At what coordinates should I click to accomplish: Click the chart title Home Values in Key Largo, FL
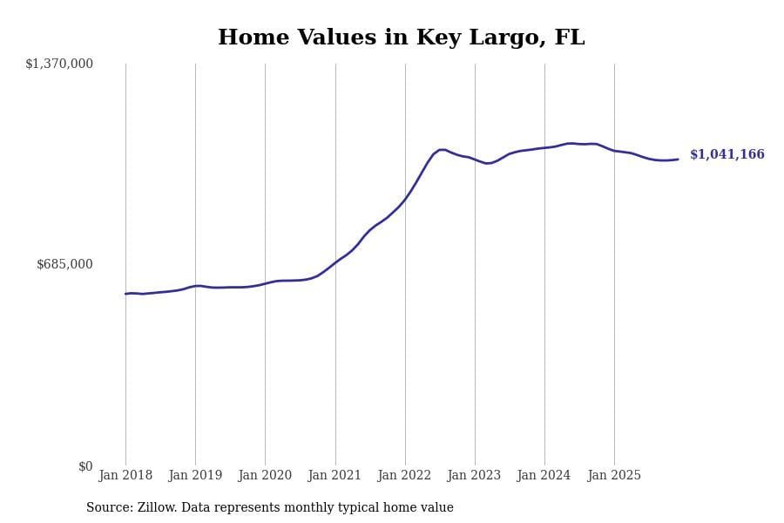click(x=401, y=38)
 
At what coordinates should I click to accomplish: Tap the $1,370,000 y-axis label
click(x=59, y=64)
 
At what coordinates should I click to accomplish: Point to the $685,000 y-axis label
click(x=64, y=264)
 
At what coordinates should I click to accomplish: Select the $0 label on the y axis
click(x=85, y=466)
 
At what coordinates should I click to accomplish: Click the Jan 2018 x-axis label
click(x=125, y=475)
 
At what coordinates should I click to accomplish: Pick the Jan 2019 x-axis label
click(x=195, y=475)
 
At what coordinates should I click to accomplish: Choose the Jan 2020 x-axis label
click(x=265, y=475)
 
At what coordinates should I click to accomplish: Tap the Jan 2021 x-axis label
click(x=335, y=475)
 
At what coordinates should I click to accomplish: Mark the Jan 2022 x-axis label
click(x=405, y=475)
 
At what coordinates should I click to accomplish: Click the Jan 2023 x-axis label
click(x=475, y=475)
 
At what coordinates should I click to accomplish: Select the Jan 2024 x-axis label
click(x=544, y=475)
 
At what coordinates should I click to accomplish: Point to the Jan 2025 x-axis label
click(x=614, y=475)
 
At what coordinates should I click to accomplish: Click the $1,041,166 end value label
click(x=727, y=154)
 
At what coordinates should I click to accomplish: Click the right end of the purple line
click(x=678, y=160)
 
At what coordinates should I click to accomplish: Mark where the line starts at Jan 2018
click(x=125, y=294)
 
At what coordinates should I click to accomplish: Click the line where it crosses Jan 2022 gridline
click(x=405, y=200)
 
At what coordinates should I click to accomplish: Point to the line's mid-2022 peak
click(x=443, y=149)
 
